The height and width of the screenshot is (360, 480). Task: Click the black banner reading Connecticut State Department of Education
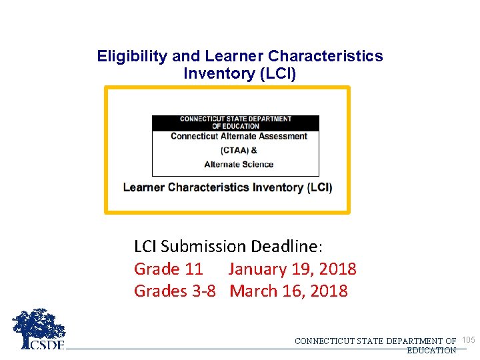coord(235,123)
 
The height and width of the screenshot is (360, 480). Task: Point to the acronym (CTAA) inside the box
coord(235,150)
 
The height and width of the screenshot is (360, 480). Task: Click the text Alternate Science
coord(239,165)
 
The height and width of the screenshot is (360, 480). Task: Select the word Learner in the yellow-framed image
coord(144,187)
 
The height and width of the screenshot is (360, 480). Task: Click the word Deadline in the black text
coord(287,247)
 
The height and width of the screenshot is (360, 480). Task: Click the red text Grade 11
coord(168,269)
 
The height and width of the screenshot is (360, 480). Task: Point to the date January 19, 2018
coord(292,269)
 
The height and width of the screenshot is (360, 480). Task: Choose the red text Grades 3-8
coord(175,291)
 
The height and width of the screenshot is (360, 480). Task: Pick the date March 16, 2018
coord(289,291)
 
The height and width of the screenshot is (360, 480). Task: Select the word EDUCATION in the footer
coord(431,350)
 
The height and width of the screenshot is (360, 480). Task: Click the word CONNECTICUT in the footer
coord(325,341)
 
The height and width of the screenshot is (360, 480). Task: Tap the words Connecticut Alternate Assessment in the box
coord(239,136)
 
